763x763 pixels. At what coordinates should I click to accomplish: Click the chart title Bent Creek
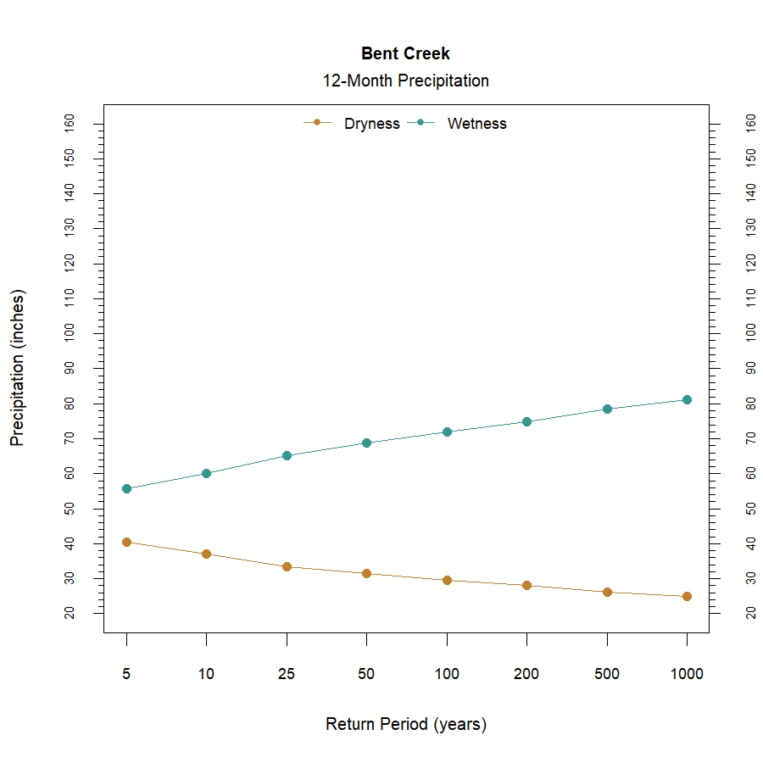pyautogui.click(x=405, y=53)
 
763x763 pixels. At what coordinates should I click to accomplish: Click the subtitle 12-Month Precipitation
pyautogui.click(x=405, y=81)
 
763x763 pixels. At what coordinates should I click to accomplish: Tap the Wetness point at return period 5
pyautogui.click(x=126, y=488)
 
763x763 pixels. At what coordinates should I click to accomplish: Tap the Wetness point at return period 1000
pyautogui.click(x=687, y=399)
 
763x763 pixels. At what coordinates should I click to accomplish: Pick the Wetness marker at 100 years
pyautogui.click(x=447, y=432)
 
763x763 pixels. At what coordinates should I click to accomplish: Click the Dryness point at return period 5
pyautogui.click(x=126, y=542)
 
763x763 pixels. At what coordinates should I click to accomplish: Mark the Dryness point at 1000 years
pyautogui.click(x=687, y=596)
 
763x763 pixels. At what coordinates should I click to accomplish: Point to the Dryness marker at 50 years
pyautogui.click(x=366, y=573)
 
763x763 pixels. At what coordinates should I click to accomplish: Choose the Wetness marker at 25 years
pyautogui.click(x=287, y=455)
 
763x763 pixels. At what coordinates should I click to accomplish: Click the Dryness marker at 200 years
pyautogui.click(x=526, y=585)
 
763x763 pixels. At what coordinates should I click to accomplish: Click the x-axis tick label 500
pyautogui.click(x=607, y=675)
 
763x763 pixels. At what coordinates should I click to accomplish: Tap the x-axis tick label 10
pyautogui.click(x=206, y=675)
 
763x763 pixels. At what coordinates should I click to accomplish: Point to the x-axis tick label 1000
pyautogui.click(x=687, y=675)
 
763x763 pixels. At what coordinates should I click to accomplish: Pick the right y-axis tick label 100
pyautogui.click(x=750, y=333)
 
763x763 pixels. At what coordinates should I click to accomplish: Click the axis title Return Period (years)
pyautogui.click(x=405, y=725)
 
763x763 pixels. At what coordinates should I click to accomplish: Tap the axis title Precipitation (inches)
pyautogui.click(x=18, y=368)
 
